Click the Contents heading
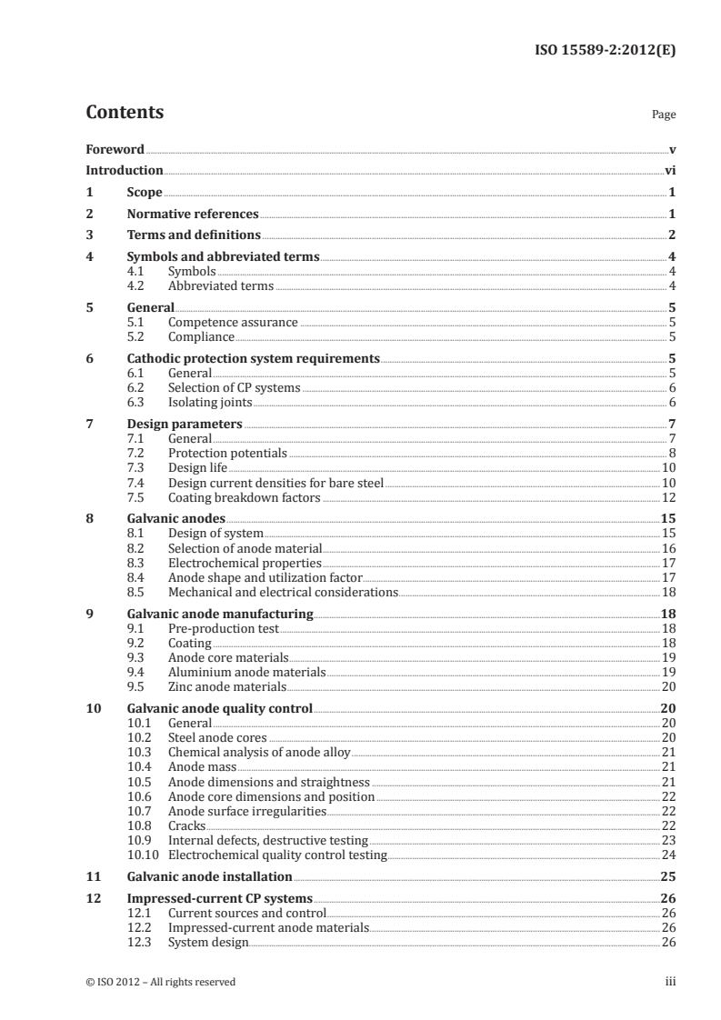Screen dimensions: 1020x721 pos(125,114)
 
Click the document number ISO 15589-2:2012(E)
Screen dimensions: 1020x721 pos(603,40)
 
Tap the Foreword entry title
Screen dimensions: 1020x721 pos(115,149)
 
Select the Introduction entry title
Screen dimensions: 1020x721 pos(125,171)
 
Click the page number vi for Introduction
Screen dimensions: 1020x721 pos(669,171)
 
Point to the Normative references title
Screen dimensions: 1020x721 pos(193,215)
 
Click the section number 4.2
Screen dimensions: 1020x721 pos(136,286)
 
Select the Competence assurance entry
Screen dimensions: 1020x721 pos(233,322)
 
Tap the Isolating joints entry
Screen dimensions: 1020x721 pos(210,402)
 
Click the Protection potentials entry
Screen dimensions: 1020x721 pos(227,453)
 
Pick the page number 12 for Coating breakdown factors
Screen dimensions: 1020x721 pos(668,496)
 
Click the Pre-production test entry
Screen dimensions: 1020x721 pos(224,628)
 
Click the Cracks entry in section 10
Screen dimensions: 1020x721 pos(186,825)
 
